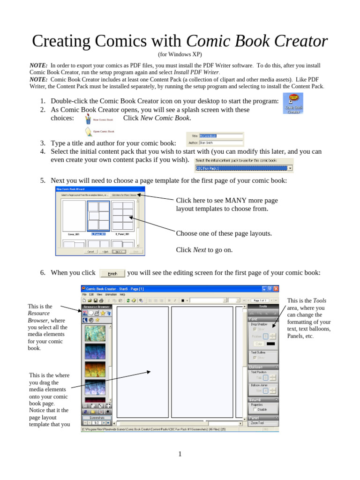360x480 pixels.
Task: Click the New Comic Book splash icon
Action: [88, 119]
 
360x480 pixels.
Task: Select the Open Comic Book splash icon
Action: [88, 131]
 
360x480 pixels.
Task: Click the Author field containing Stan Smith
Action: [221, 142]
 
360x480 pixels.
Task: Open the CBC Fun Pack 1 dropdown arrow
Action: [291, 168]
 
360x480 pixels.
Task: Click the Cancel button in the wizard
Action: [90, 251]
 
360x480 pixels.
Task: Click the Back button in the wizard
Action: [105, 251]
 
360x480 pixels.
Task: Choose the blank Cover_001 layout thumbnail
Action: [74, 216]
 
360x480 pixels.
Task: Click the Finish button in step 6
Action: [112, 273]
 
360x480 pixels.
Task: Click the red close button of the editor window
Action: [276, 289]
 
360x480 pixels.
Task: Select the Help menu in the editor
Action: [122, 294]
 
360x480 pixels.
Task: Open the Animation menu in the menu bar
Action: [111, 294]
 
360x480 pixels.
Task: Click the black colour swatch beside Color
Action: [270, 343]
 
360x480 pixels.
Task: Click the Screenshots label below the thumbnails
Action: [97, 417]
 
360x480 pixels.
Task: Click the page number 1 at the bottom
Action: [180, 454]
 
